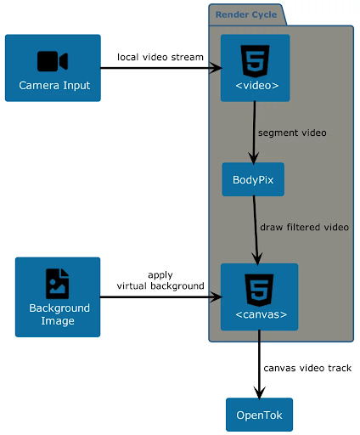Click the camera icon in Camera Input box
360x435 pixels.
click(53, 61)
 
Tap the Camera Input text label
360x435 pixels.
click(54, 85)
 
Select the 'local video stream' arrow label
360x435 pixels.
click(160, 57)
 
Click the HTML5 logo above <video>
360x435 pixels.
click(255, 61)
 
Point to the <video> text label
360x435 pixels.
click(257, 85)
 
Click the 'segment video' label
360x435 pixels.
click(292, 133)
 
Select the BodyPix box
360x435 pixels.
click(253, 179)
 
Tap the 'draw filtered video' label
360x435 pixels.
click(304, 227)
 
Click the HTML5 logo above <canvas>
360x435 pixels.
click(259, 290)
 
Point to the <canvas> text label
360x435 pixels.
click(262, 314)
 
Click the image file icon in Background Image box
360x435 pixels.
click(58, 284)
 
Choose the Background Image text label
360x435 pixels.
click(59, 314)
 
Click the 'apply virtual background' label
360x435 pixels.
click(160, 280)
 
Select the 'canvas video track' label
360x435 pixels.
click(307, 368)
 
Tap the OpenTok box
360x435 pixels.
click(259, 415)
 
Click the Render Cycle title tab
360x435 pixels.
click(246, 14)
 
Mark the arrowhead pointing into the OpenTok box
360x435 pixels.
click(259, 393)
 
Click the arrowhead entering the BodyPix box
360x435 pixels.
click(254, 158)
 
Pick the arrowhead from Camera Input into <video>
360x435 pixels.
click(216, 68)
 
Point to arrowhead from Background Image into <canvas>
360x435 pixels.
click(216, 297)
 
